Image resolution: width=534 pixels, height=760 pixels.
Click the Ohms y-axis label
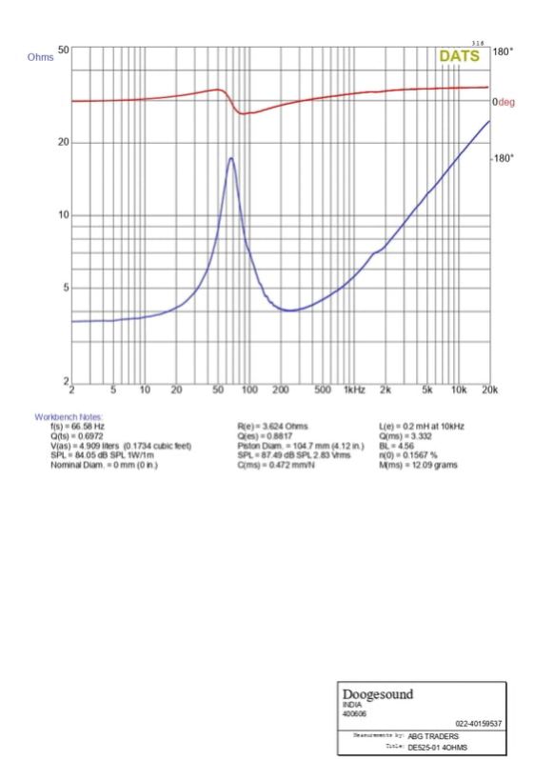click(41, 56)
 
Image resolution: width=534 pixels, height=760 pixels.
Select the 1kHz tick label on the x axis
click(355, 390)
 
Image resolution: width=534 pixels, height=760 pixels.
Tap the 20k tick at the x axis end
click(488, 390)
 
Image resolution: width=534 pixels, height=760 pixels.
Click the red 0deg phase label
click(503, 102)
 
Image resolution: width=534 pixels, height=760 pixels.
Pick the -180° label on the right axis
click(503, 158)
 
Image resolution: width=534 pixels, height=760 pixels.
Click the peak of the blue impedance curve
click(231, 158)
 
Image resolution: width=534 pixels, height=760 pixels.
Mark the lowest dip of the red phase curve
click(243, 113)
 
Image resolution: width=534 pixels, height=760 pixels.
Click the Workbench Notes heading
click(66, 417)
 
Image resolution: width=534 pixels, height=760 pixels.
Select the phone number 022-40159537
click(479, 724)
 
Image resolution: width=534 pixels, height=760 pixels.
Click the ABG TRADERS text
click(429, 736)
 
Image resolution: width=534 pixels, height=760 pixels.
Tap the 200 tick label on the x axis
click(282, 390)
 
